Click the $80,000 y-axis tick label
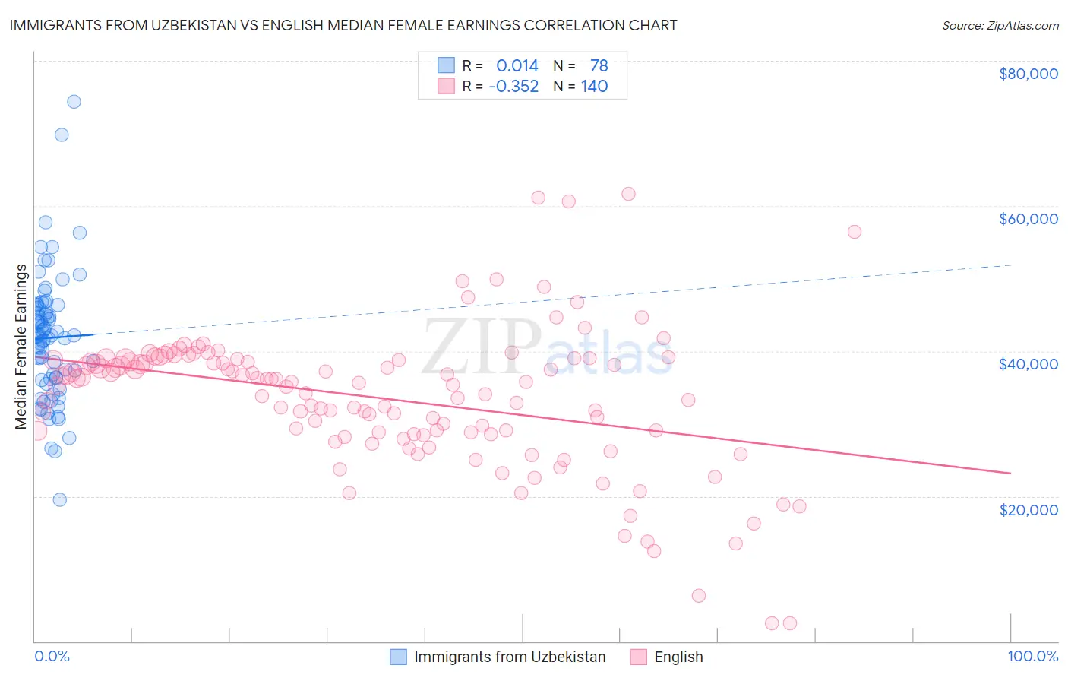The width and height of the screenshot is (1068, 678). [1028, 74]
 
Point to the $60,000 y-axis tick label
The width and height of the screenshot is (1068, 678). [1028, 219]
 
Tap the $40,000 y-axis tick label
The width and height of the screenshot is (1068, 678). [1028, 364]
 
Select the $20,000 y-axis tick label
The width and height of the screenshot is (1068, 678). [1028, 509]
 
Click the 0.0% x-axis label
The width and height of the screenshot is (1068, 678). [52, 656]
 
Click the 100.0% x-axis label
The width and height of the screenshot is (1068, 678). [1032, 656]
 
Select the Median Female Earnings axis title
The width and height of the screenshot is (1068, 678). [21, 347]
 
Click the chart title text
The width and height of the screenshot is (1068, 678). [343, 25]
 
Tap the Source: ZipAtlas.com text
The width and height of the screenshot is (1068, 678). [1000, 25]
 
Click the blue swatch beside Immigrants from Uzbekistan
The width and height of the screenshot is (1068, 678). [399, 657]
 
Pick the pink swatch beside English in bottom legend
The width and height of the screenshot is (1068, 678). [638, 657]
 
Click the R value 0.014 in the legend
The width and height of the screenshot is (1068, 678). [517, 65]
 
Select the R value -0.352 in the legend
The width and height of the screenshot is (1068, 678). [513, 86]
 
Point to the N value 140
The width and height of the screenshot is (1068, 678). [594, 86]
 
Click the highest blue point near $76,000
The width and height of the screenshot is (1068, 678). [74, 102]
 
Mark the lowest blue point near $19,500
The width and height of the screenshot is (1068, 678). [60, 499]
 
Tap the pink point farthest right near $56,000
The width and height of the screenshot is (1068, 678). [855, 232]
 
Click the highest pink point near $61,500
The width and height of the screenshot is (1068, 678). [628, 194]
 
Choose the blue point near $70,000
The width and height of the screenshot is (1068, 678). [62, 135]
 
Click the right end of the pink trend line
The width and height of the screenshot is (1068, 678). [1010, 474]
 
